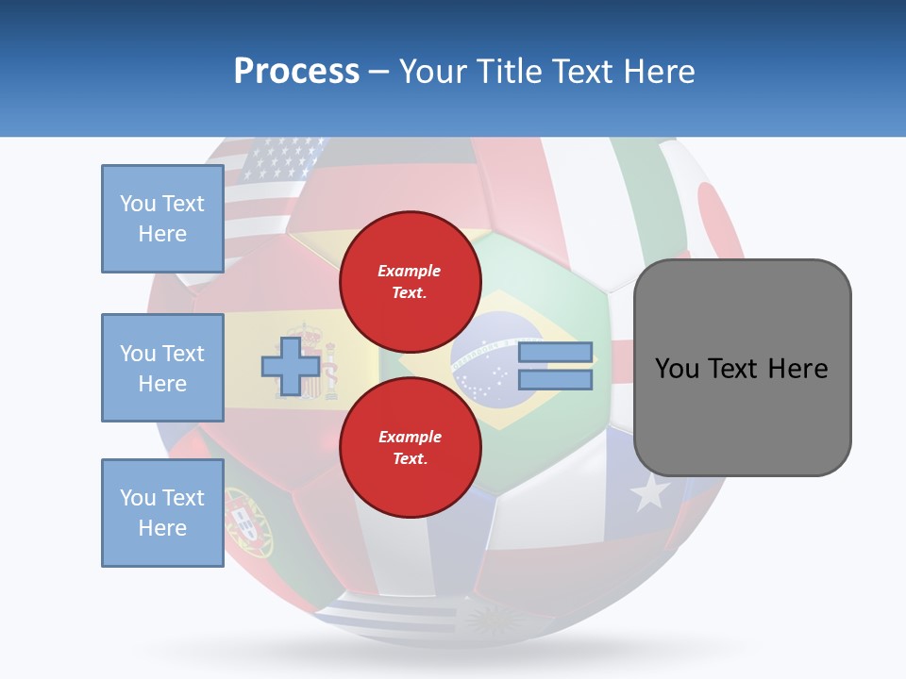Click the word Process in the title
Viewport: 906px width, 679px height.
[296, 72]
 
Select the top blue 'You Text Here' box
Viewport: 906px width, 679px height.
[162, 219]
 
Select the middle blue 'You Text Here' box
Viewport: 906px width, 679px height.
[162, 368]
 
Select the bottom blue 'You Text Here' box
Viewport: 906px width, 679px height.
[162, 513]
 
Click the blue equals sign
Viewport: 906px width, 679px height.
[555, 366]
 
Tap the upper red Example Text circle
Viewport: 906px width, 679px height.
[411, 281]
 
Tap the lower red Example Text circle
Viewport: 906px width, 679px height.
[411, 447]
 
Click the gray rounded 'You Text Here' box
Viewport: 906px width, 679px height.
[742, 368]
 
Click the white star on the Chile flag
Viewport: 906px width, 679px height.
[650, 491]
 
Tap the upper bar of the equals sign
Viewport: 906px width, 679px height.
[555, 352]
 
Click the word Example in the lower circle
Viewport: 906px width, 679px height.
[411, 437]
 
